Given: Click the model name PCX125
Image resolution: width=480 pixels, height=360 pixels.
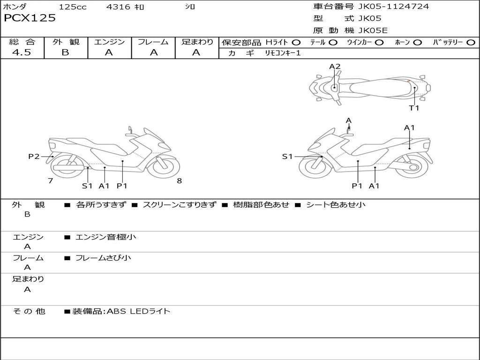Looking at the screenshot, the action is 30,18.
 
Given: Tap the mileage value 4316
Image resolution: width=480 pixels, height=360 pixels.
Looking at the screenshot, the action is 118,7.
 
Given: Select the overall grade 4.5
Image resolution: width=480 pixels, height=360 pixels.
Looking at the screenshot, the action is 22,52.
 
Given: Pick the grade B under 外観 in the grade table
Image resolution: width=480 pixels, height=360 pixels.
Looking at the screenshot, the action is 65,52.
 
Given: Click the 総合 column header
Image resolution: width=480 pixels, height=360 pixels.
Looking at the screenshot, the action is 22,42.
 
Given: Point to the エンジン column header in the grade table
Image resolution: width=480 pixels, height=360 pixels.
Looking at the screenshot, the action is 109,42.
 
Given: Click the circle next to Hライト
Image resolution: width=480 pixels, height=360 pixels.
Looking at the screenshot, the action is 296,43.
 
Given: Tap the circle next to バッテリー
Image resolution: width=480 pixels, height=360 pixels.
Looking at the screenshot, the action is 471,43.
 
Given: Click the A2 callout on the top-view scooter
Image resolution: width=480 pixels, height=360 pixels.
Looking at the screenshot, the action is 335,67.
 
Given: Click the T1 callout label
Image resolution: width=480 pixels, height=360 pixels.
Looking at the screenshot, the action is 414,108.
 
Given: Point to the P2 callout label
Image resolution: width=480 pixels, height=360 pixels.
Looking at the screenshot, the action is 34,157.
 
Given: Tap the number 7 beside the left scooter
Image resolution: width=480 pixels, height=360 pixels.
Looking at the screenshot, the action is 50,181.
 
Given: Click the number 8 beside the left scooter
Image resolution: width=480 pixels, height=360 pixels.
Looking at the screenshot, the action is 179,181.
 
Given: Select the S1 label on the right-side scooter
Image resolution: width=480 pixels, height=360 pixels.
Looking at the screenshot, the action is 287,157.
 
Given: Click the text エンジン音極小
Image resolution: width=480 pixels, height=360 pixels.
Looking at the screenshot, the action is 106,237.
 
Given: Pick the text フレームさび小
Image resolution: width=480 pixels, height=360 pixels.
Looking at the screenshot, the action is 103,258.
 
